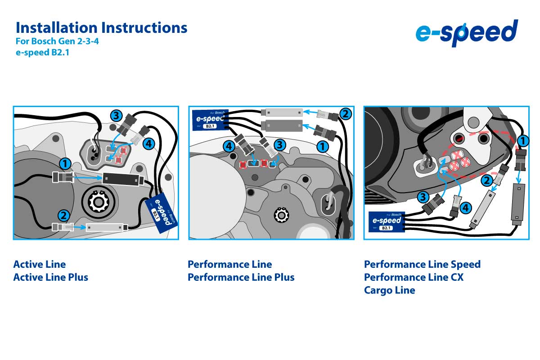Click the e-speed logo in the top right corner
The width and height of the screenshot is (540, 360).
coord(466,33)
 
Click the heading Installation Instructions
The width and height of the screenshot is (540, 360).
coord(101,27)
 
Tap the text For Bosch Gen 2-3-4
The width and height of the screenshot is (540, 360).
coord(57,42)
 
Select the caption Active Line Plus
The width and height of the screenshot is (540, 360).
coord(51,277)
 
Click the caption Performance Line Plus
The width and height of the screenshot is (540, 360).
coord(241,277)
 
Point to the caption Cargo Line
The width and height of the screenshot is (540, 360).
coord(389,290)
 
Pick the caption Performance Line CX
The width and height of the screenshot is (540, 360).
coord(414,277)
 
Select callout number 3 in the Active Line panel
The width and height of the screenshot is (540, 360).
coord(116,116)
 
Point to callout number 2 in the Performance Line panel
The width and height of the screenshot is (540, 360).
coord(345,114)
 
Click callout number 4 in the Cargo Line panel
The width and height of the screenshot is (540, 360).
coord(466,208)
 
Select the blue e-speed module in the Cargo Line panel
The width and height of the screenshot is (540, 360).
coord(387,221)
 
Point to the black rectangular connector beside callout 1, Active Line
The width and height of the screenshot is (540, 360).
coord(121,179)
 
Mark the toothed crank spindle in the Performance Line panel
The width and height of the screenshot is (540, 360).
coord(282,216)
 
